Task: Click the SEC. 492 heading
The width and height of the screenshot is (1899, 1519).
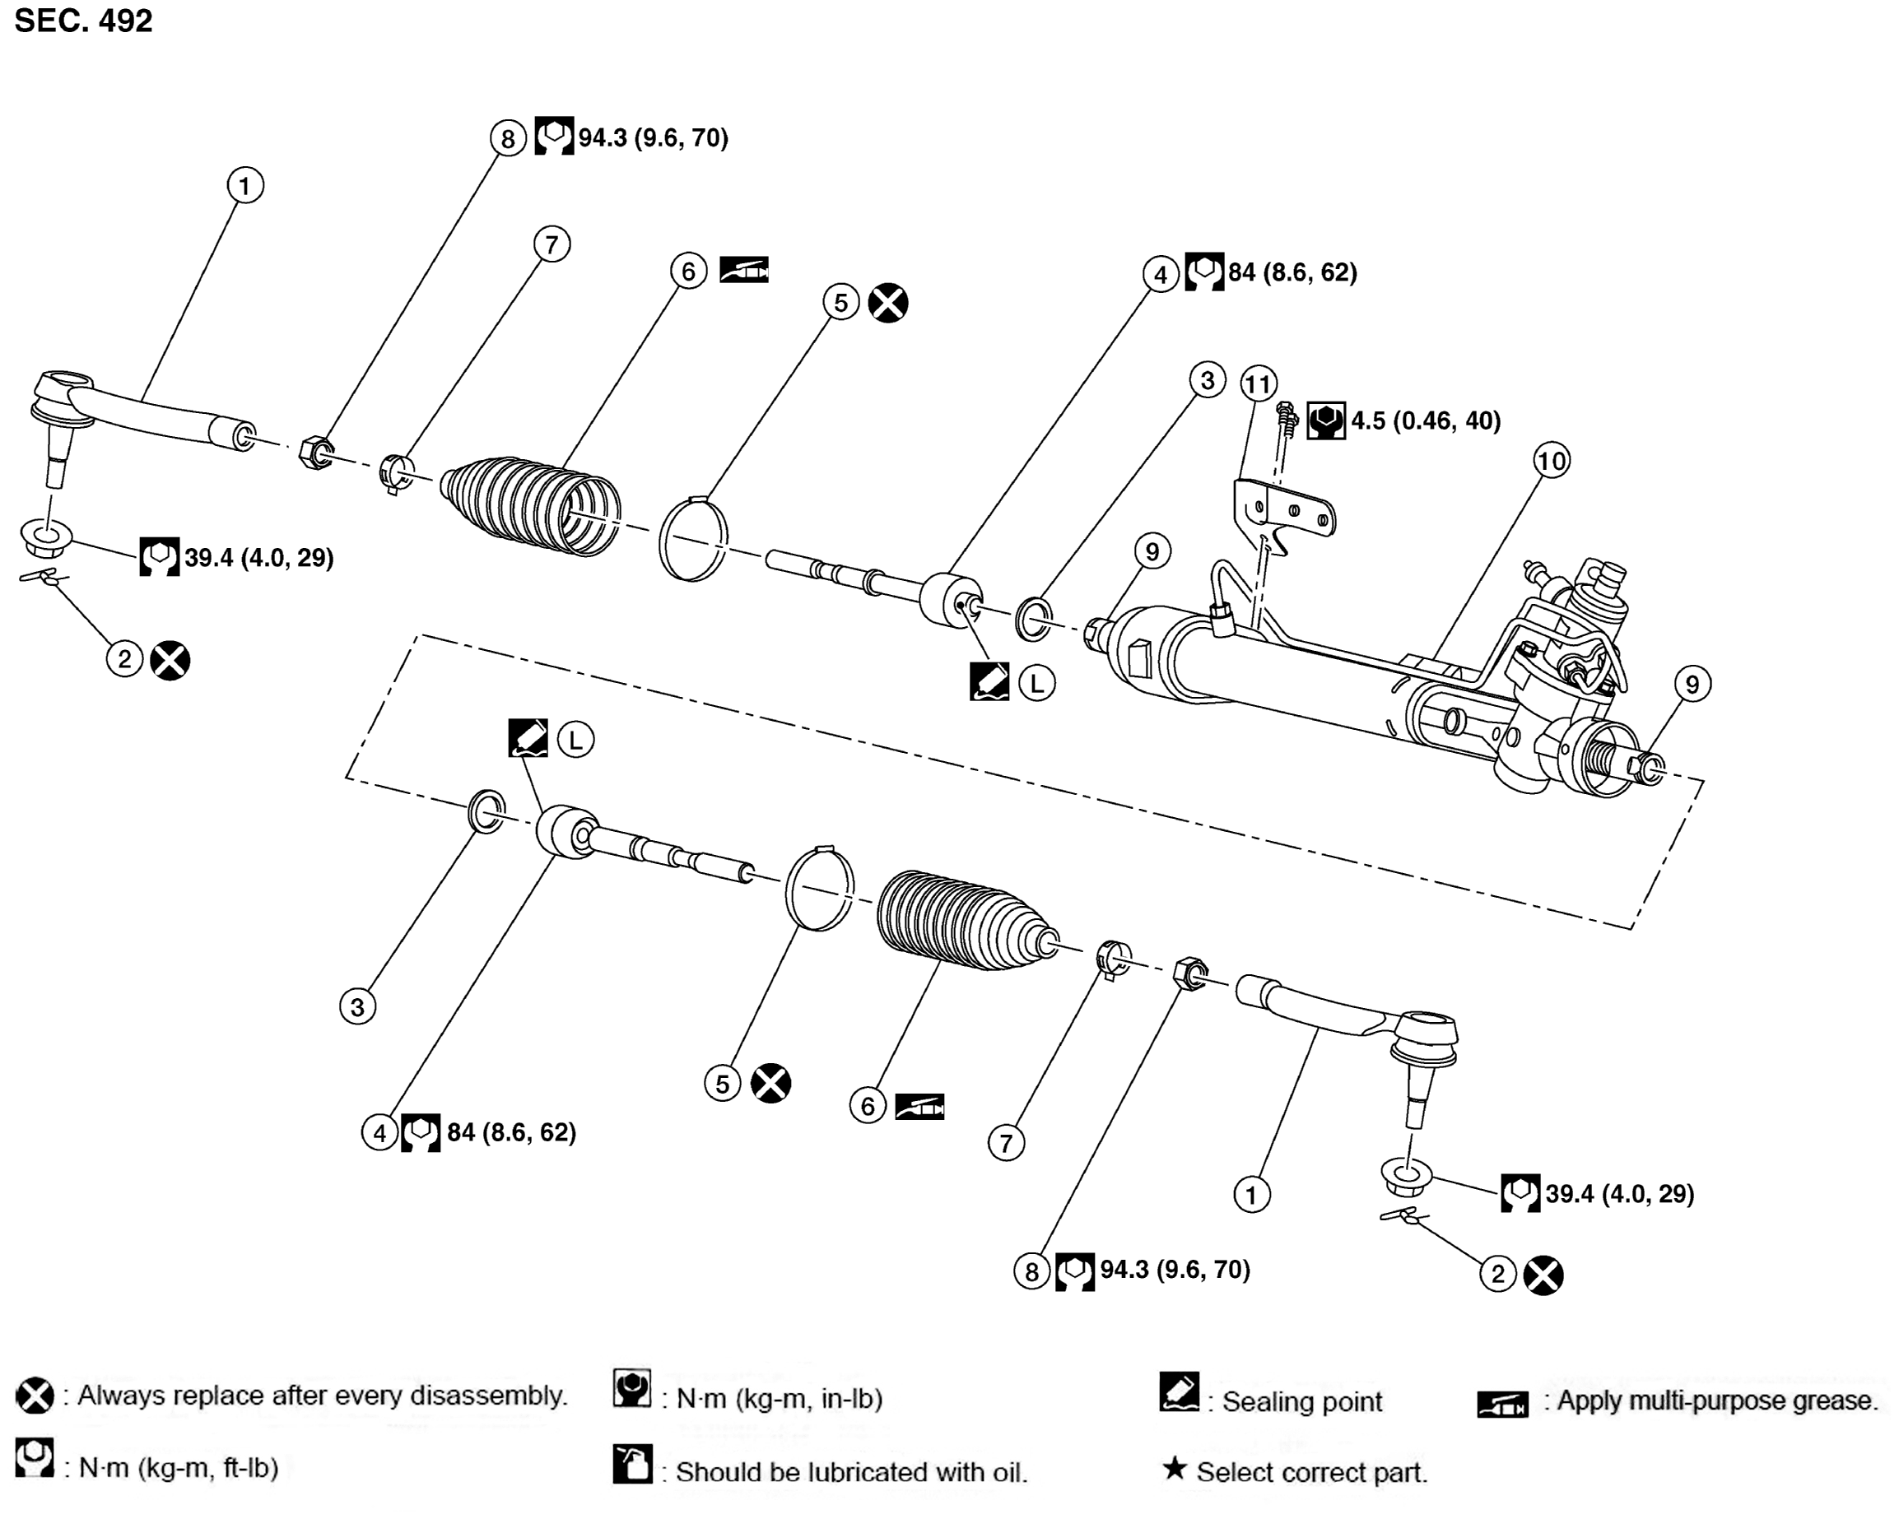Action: tap(84, 21)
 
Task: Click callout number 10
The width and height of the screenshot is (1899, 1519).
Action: tap(1551, 461)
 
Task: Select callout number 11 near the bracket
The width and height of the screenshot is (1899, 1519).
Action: tap(1258, 384)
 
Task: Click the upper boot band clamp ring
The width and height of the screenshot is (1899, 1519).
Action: tap(694, 539)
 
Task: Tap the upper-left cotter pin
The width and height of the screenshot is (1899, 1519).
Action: tap(44, 578)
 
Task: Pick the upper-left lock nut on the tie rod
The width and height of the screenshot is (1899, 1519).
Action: tap(316, 453)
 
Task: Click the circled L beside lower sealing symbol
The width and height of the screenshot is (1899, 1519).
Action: tap(575, 740)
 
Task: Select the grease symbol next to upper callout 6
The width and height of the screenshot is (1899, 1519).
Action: tap(744, 269)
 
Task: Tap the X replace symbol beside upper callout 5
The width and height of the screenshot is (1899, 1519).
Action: tap(888, 303)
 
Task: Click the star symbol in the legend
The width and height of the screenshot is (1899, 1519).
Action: tap(1173, 1468)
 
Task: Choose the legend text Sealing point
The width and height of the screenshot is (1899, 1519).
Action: tap(1302, 1402)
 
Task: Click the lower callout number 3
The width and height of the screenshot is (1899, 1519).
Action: tap(357, 1006)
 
